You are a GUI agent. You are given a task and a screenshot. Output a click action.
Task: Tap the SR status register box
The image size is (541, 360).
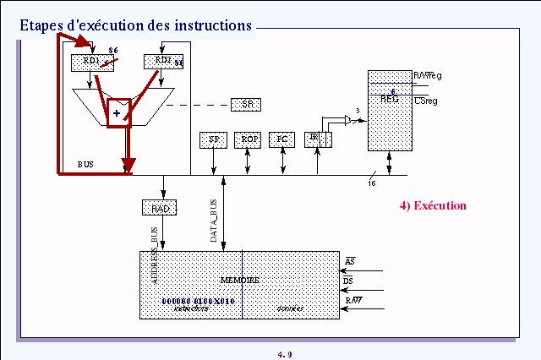[247, 104]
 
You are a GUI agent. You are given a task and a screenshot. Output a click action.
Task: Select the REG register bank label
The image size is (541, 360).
[390, 99]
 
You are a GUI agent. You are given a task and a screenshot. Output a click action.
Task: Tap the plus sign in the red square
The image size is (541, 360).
[117, 113]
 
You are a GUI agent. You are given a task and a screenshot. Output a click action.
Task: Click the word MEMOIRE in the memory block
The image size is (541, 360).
[239, 280]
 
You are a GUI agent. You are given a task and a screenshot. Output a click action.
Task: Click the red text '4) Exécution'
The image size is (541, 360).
[433, 205]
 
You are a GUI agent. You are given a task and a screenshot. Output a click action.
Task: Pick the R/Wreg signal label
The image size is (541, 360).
[427, 76]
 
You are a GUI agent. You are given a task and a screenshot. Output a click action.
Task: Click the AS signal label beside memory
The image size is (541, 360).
[350, 259]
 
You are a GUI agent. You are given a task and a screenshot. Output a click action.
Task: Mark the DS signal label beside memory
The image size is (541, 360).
[348, 281]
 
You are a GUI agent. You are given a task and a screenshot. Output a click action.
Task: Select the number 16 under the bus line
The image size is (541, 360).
[372, 183]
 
